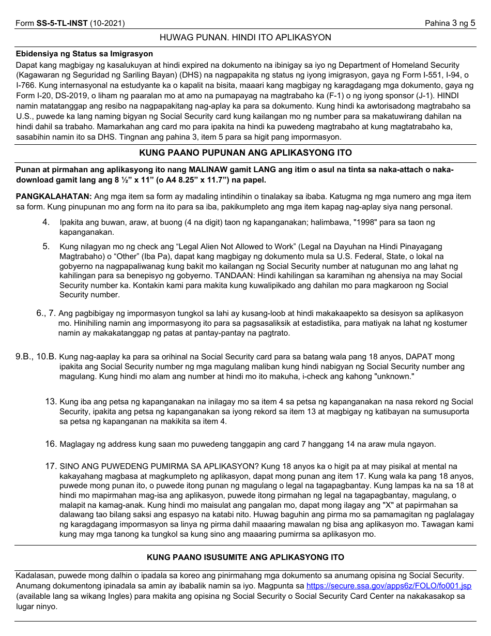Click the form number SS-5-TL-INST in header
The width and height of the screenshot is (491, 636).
(x=62, y=23)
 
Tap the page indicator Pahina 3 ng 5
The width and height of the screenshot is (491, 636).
(x=450, y=23)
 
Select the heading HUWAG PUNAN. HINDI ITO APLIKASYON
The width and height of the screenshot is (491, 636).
(x=245, y=38)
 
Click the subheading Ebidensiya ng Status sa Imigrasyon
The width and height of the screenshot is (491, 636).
(x=84, y=54)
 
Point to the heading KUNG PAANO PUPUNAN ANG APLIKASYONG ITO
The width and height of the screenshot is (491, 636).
(x=245, y=153)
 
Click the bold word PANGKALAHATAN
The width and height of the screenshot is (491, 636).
(x=54, y=197)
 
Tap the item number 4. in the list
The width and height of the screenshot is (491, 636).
(x=46, y=222)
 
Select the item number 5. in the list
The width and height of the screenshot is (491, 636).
(x=46, y=247)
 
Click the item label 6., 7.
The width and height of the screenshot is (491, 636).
(x=45, y=313)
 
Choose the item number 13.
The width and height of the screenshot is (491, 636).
(x=51, y=402)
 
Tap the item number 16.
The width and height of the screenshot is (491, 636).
(x=51, y=444)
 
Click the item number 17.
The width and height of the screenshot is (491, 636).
(x=51, y=466)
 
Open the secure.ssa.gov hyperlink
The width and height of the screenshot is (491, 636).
(x=389, y=586)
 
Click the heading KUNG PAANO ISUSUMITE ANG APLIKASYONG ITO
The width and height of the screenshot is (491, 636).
(x=245, y=557)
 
